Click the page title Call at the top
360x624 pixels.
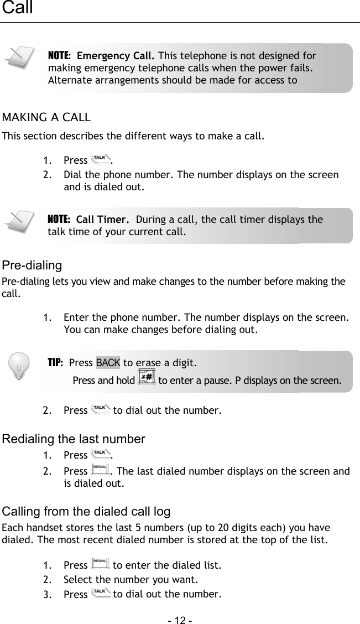pyautogui.click(x=17, y=8)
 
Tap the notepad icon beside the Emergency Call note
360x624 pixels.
pyautogui.click(x=17, y=59)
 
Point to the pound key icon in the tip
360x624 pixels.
pyautogui.click(x=147, y=378)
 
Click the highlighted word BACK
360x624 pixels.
pyautogui.click(x=108, y=363)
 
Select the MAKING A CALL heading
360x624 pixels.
pyautogui.click(x=46, y=117)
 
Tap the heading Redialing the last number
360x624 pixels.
pyautogui.click(x=74, y=439)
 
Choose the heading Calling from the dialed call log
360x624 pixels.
pyautogui.click(x=86, y=511)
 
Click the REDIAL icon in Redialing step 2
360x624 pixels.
pyautogui.click(x=99, y=471)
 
